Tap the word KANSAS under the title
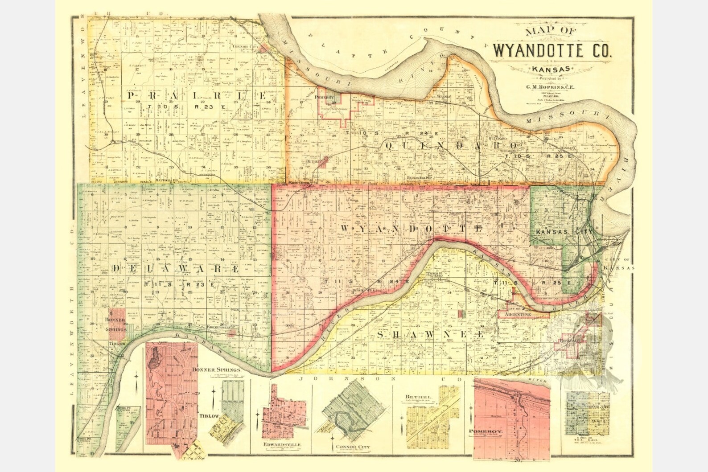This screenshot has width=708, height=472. click(x=551, y=69)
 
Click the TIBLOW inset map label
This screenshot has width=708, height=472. click(x=209, y=416)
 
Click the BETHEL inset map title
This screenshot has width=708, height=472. click(x=418, y=396)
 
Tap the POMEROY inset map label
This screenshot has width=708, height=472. click(x=486, y=431)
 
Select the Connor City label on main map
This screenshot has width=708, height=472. click(x=245, y=46)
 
